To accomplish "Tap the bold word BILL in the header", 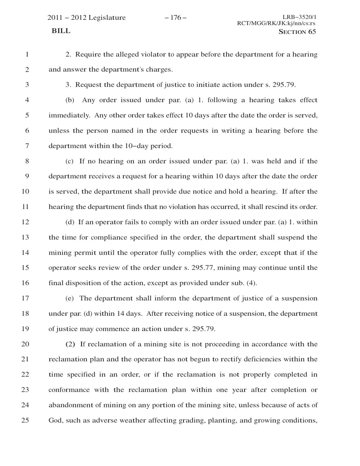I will [61, 31].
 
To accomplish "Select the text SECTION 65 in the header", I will [297, 32].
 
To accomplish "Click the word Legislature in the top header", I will [107, 18].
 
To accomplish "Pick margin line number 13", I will [25, 237].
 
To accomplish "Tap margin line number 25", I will [25, 420].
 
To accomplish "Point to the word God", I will [55, 420].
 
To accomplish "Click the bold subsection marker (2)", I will [70, 344].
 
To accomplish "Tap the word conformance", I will [69, 390].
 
